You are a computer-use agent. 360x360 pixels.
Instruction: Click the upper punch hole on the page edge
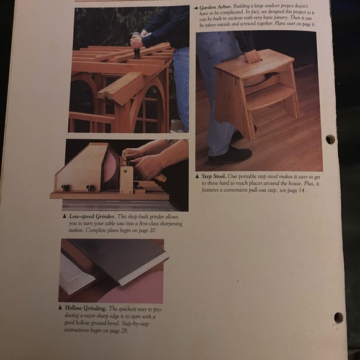tap(330, 139)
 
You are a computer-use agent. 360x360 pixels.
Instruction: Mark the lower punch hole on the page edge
tap(338, 317)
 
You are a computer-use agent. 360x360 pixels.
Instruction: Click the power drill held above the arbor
tap(135, 45)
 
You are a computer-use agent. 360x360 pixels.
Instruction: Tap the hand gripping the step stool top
tap(251, 56)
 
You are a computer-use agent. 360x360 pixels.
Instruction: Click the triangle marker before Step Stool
tap(197, 176)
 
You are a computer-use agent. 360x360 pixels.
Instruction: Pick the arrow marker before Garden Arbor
tap(196, 7)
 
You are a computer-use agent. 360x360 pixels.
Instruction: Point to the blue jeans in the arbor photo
tap(181, 87)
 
